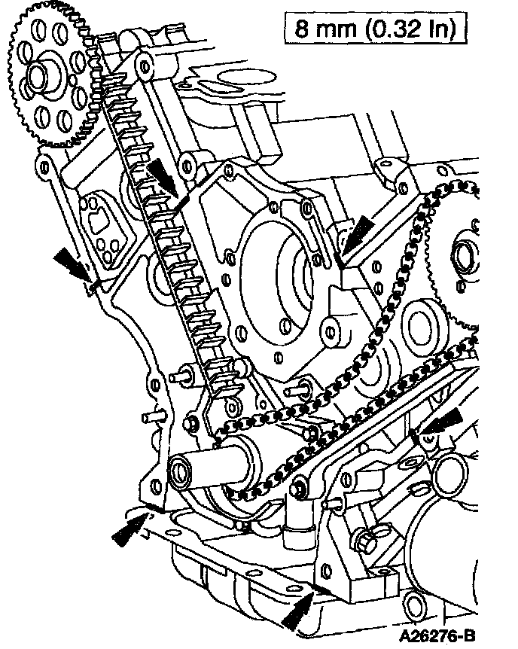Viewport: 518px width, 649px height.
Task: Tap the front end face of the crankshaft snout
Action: (x=181, y=473)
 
